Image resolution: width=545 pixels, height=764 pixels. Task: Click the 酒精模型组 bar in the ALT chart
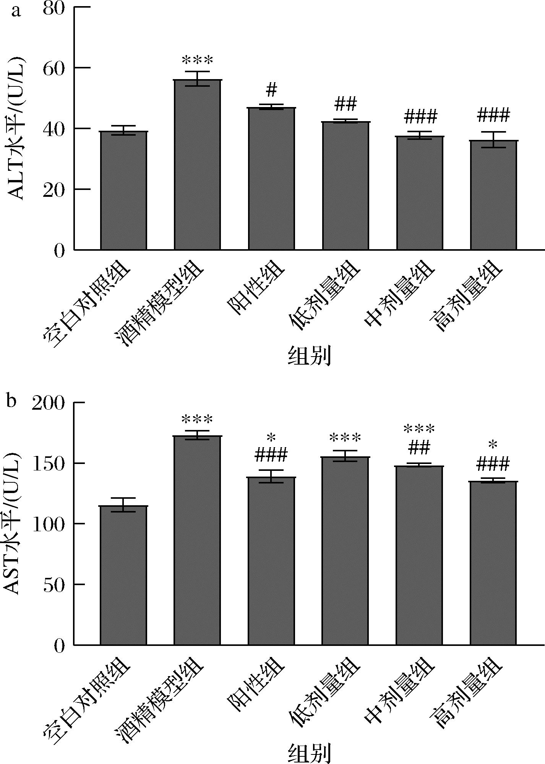[197, 165]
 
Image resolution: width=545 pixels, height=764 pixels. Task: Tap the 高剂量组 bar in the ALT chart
[493, 195]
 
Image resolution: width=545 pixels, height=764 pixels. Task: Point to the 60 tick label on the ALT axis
[53, 68]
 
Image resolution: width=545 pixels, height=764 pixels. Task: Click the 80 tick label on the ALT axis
[53, 8]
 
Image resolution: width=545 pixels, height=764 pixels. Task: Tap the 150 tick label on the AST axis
[47, 464]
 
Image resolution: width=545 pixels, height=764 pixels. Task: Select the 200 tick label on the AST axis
[47, 403]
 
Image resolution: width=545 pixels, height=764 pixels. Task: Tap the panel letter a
[16, 11]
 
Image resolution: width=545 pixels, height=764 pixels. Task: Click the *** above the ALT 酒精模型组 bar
[197, 60]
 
